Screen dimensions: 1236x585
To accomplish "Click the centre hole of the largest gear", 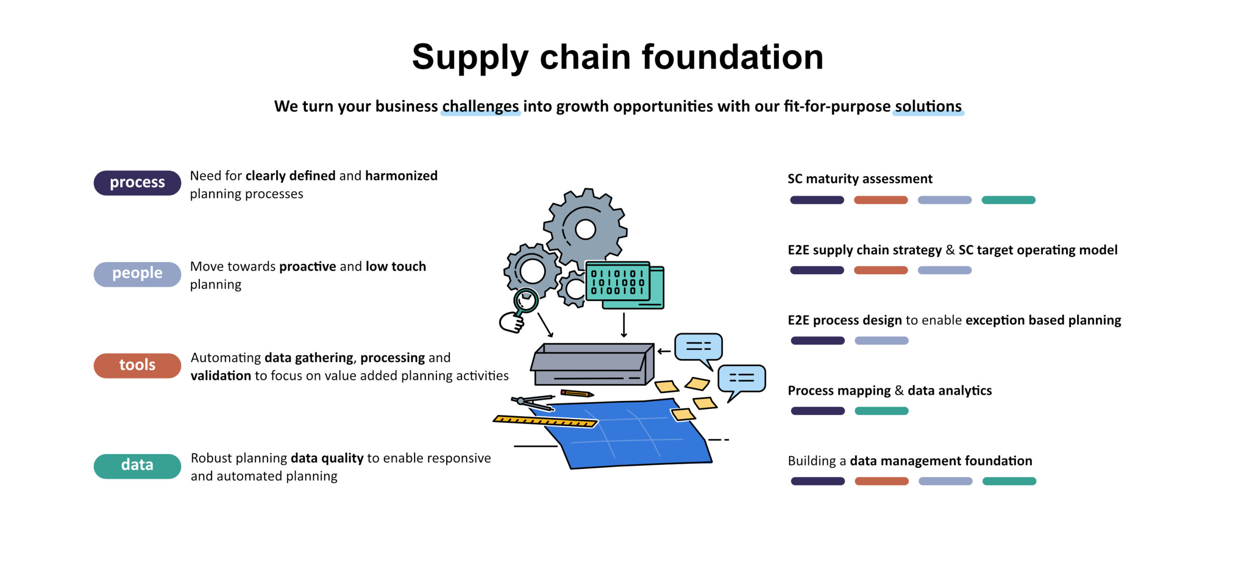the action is click(x=585, y=229).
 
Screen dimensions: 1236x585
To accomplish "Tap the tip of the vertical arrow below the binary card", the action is click(x=624, y=337).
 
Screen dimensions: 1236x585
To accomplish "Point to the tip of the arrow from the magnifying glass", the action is click(x=552, y=336).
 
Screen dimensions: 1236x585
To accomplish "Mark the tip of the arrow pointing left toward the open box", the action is click(x=658, y=351).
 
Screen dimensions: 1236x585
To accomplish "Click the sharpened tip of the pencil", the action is click(x=593, y=395).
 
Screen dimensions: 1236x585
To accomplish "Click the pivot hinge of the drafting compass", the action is click(x=520, y=401).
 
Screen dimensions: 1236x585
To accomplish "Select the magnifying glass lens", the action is click(x=526, y=300).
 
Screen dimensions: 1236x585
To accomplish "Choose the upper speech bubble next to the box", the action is click(x=698, y=348).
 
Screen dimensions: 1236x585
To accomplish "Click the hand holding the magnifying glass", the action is click(x=511, y=322).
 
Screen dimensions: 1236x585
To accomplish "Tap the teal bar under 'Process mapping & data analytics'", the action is click(x=881, y=411).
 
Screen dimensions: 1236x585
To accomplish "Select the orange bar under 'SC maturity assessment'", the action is click(x=881, y=200).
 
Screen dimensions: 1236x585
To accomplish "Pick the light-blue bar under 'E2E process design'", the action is click(x=881, y=341).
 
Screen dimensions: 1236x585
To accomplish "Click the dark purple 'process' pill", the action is click(x=137, y=182).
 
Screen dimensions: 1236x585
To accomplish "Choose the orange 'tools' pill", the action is click(x=137, y=365).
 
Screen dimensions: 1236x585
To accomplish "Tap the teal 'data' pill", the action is click(x=137, y=466).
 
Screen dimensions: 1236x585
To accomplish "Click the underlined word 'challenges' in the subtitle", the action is click(x=480, y=106).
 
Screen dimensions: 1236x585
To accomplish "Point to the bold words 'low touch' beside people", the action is click(x=396, y=266).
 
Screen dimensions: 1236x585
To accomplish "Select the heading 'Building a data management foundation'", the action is click(x=910, y=461).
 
